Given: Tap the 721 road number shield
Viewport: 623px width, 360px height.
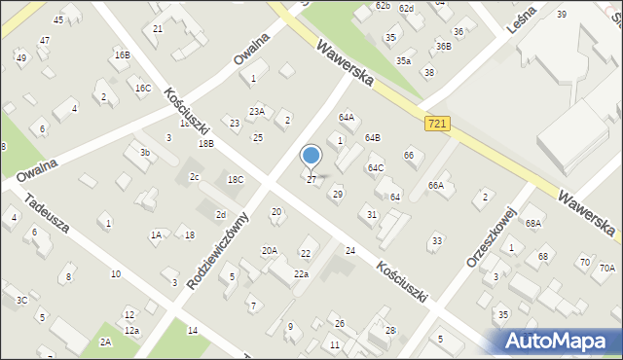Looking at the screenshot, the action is click(x=436, y=124).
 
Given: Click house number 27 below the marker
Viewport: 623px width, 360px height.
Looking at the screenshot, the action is click(x=311, y=180).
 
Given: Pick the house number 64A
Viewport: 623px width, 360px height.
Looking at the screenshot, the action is click(x=346, y=117).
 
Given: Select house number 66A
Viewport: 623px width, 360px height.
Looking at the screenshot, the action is click(x=436, y=185).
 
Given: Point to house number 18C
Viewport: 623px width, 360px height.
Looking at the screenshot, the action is click(x=236, y=180).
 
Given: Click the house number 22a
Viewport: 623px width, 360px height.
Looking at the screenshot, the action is click(x=302, y=274).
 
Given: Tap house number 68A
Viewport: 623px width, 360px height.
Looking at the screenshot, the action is click(x=533, y=223).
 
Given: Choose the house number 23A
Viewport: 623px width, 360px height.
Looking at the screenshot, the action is click(x=256, y=112).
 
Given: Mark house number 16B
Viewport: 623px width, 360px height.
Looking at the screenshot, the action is click(x=122, y=55).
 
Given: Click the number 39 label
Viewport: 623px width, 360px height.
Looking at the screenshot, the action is click(x=562, y=14).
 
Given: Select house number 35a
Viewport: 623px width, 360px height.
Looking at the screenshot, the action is click(x=402, y=60).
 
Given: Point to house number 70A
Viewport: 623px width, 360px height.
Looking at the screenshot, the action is click(x=607, y=269).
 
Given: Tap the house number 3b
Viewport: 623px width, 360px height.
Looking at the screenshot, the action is click(x=144, y=153).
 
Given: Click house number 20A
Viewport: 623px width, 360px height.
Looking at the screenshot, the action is click(x=270, y=250).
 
